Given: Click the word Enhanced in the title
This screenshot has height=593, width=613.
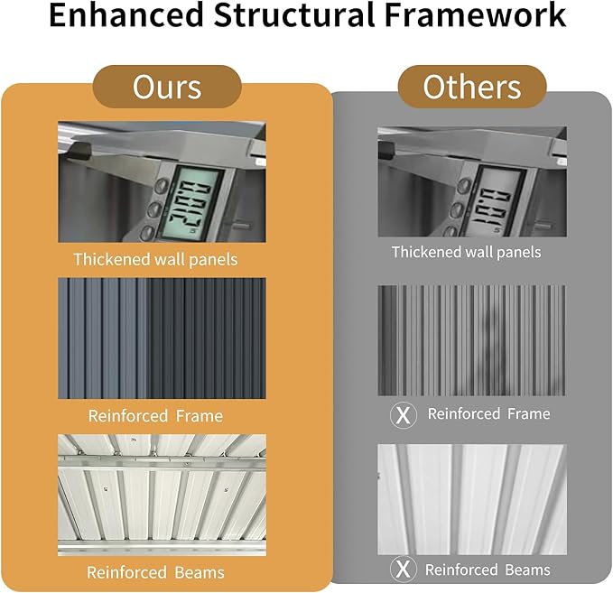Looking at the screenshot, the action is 126,14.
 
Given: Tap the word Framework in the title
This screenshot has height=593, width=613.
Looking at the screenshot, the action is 475,14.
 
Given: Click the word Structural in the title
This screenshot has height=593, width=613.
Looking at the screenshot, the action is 294,14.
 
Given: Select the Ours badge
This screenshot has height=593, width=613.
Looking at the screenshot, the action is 167,87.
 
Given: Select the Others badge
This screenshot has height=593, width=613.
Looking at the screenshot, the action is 472,87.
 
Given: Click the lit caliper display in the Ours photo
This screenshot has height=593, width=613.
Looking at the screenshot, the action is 191,204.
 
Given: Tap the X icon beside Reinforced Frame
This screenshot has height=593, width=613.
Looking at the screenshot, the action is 403,415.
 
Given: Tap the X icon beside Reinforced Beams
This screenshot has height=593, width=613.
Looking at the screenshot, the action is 403,570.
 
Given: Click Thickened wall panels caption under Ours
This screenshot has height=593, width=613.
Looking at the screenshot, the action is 155,260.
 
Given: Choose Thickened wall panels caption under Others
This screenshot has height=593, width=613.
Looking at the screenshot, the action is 467,252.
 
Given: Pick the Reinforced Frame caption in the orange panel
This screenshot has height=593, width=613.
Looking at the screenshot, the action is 155,416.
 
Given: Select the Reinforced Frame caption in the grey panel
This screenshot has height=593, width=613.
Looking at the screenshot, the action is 488,413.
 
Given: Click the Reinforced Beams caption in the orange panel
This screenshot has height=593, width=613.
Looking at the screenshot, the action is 155,572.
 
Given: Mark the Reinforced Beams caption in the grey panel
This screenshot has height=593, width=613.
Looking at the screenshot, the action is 488,570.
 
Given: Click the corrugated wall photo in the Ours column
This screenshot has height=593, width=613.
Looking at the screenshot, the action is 162,338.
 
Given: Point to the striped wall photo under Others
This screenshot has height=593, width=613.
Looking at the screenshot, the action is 472,340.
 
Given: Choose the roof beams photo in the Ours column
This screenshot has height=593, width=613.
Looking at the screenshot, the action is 162,495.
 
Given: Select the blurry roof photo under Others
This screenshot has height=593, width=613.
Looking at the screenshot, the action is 472,499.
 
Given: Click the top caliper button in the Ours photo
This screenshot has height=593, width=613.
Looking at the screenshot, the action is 161,186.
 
